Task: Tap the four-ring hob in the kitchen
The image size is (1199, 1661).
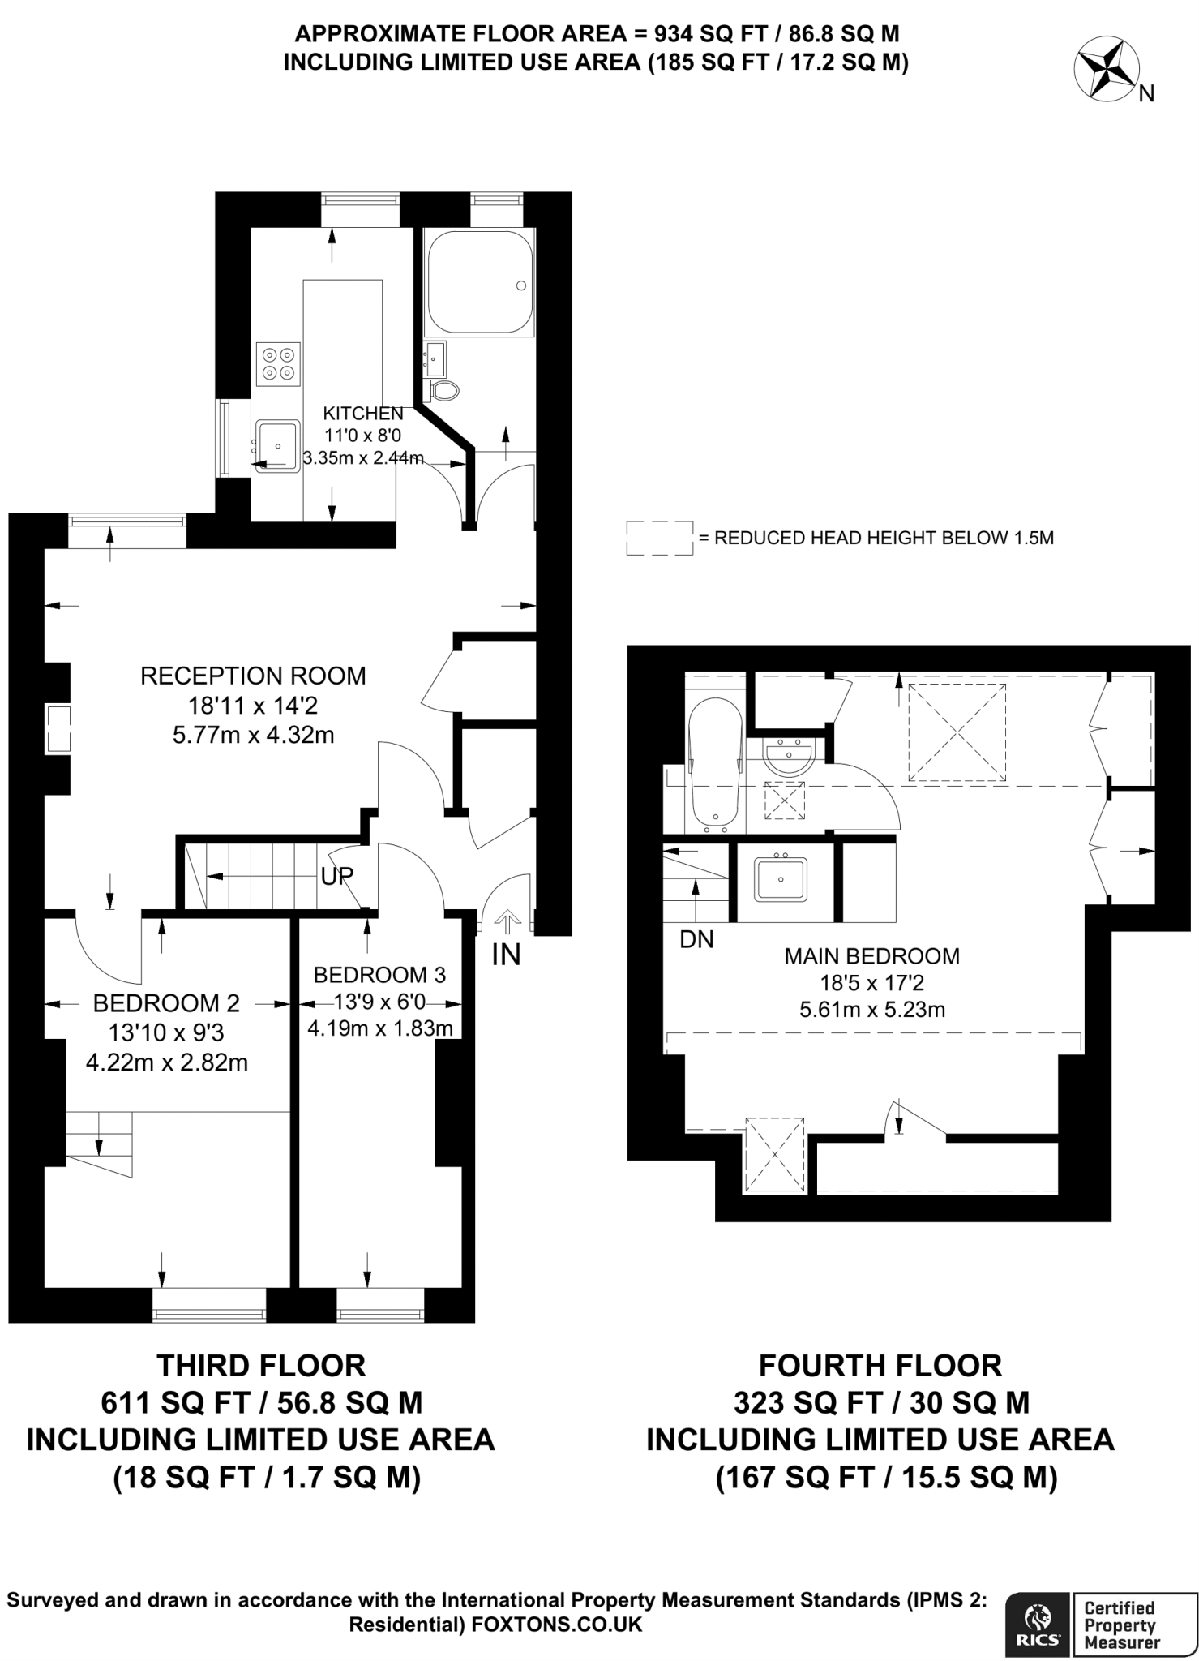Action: (278, 364)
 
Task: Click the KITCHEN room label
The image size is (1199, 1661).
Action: (363, 413)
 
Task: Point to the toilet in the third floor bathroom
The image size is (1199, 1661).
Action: (442, 391)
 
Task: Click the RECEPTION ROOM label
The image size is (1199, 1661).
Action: (253, 676)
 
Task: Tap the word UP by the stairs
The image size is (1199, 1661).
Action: (336, 876)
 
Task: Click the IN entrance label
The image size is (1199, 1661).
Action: (506, 955)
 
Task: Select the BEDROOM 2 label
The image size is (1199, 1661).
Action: (166, 1003)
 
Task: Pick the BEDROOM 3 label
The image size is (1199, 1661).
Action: (379, 974)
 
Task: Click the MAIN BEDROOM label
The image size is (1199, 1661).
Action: (871, 956)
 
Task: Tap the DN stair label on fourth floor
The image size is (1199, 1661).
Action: (696, 940)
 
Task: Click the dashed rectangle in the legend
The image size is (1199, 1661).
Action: (659, 538)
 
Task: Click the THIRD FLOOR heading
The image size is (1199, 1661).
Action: (261, 1366)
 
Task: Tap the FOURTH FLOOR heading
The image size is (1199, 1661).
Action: (880, 1366)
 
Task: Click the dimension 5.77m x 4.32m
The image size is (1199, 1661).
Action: (253, 736)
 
